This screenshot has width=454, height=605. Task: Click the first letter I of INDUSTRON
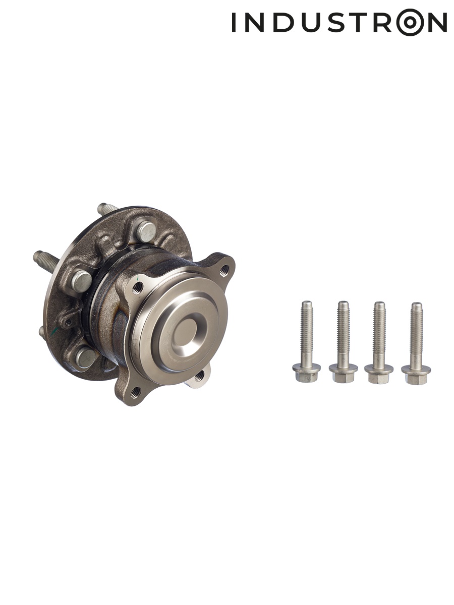(234, 22)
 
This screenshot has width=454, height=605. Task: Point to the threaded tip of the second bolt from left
(343, 305)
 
